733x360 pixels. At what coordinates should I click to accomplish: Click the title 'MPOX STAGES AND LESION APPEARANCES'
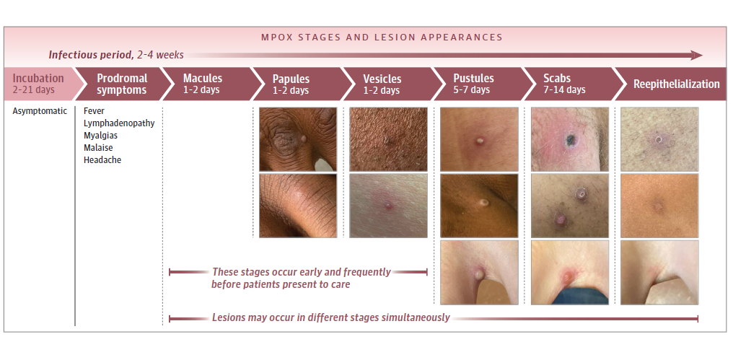pyautogui.click(x=382, y=38)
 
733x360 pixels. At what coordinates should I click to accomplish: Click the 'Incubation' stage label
pyautogui.click(x=38, y=78)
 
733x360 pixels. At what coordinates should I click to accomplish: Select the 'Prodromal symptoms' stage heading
pyautogui.click(x=122, y=84)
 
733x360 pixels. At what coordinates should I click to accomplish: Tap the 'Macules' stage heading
pyautogui.click(x=203, y=78)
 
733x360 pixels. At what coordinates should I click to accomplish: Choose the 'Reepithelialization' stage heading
pyautogui.click(x=677, y=84)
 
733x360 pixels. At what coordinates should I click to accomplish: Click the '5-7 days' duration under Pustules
pyautogui.click(x=471, y=89)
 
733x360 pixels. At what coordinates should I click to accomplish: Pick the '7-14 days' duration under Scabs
pyautogui.click(x=564, y=89)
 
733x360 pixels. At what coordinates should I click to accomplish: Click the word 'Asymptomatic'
pyautogui.click(x=40, y=111)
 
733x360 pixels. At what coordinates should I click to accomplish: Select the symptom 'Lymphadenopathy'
pyautogui.click(x=119, y=123)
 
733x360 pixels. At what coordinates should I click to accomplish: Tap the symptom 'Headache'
pyautogui.click(x=102, y=160)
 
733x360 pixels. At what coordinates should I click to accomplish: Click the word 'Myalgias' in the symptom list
pyautogui.click(x=100, y=136)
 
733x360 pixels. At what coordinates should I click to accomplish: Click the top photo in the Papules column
pyautogui.click(x=298, y=139)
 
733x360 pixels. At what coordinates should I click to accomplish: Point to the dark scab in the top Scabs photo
pyautogui.click(x=571, y=139)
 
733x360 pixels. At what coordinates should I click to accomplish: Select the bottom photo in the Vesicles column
pyautogui.click(x=388, y=206)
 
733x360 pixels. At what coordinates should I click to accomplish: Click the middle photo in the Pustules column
pyautogui.click(x=479, y=206)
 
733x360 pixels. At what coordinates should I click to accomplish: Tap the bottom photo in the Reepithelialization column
pyautogui.click(x=659, y=273)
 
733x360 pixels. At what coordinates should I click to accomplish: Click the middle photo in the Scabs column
pyautogui.click(x=570, y=206)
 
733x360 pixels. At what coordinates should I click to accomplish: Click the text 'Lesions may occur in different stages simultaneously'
pyautogui.click(x=331, y=318)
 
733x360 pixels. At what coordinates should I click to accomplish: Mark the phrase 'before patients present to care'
pyautogui.click(x=281, y=284)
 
